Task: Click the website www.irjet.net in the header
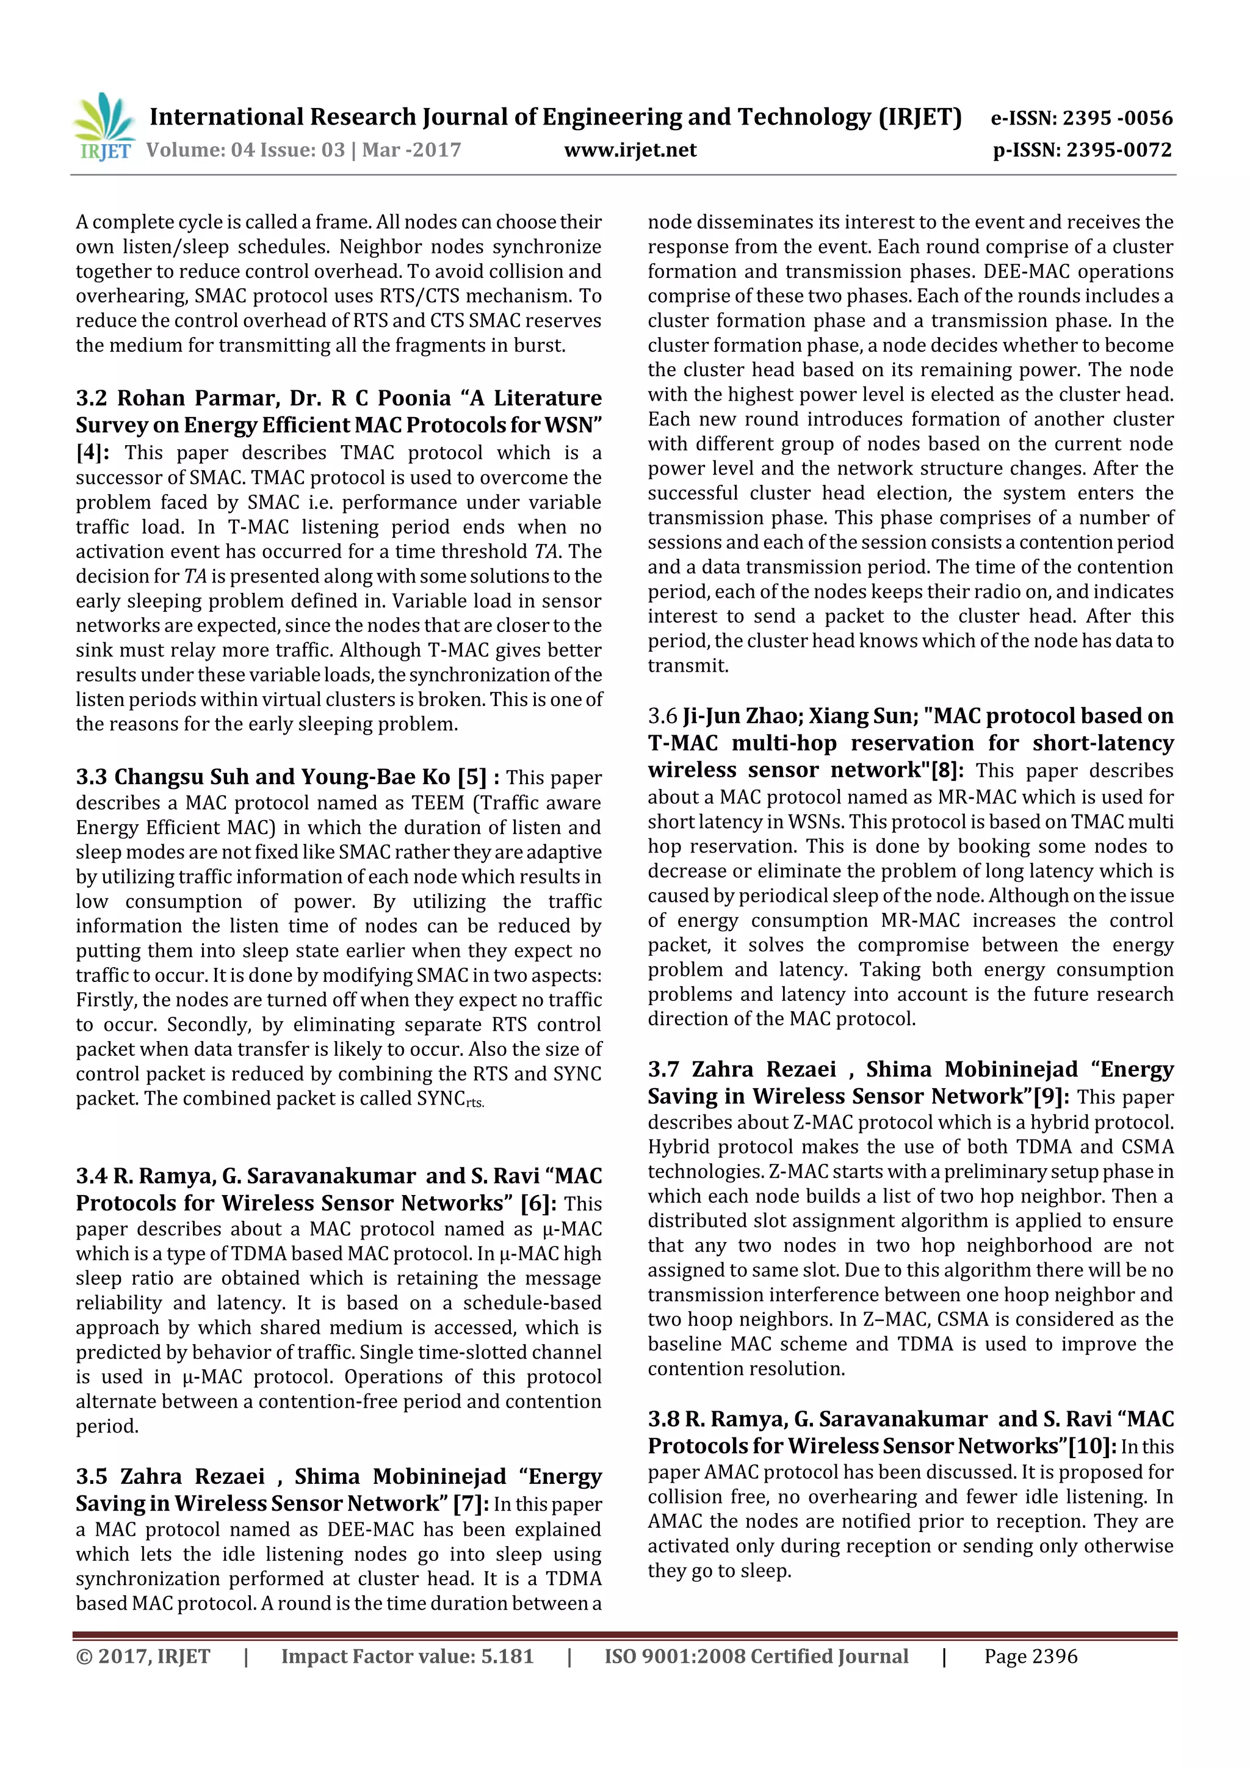click(x=629, y=150)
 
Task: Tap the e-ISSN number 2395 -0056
click(x=1117, y=118)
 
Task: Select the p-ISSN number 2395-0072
click(x=1118, y=150)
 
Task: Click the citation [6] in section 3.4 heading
click(x=535, y=1204)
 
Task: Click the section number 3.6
click(x=662, y=716)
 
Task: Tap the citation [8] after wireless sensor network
click(x=946, y=771)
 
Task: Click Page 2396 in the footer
click(x=1030, y=1657)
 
